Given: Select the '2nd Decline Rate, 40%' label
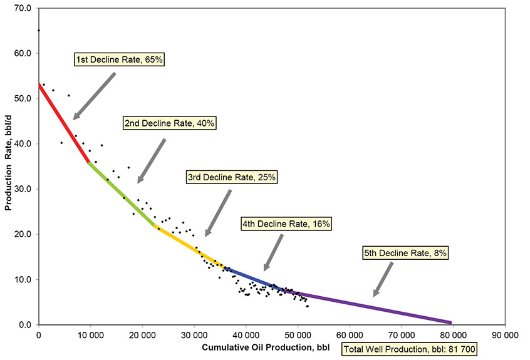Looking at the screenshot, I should tap(169, 123).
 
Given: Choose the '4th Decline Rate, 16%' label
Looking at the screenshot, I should tap(286, 224).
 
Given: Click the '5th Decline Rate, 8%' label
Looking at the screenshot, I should tap(405, 253).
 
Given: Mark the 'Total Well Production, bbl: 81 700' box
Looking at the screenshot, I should tap(400, 349).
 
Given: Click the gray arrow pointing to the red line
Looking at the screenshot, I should tap(95, 96).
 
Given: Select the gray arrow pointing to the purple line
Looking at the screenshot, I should tap(383, 279).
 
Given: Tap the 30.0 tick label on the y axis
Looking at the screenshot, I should tap(23, 189).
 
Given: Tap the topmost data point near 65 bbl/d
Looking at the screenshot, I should tap(39, 31).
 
